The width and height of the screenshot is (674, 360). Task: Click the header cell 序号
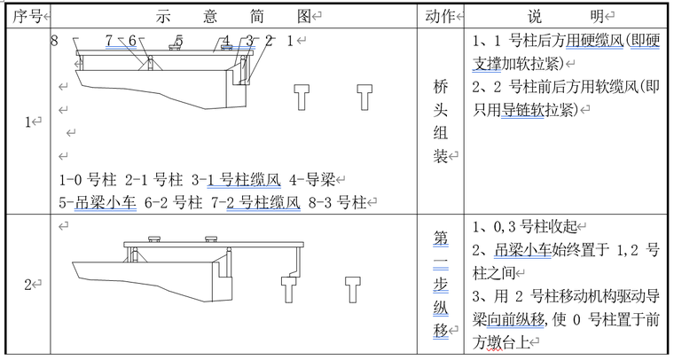click(x=26, y=16)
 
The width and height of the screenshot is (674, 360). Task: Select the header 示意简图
click(x=234, y=16)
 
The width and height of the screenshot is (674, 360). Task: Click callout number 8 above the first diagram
click(x=55, y=40)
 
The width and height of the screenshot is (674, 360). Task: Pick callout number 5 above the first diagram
click(x=178, y=41)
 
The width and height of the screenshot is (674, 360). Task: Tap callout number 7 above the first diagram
click(x=110, y=41)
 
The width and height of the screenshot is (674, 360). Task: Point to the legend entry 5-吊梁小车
click(x=96, y=202)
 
